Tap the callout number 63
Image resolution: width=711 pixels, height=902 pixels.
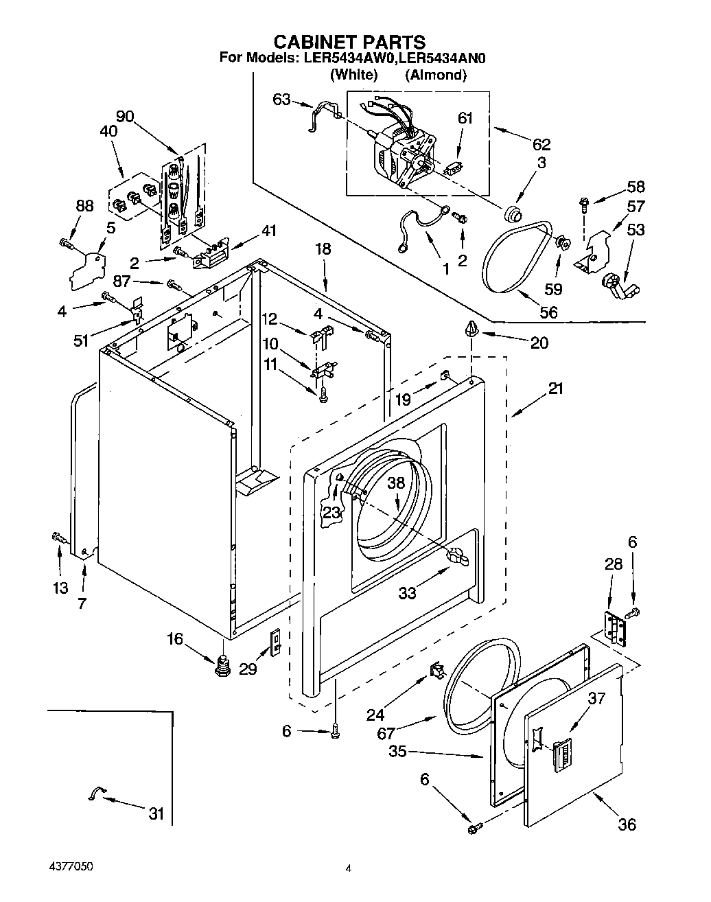tap(281, 100)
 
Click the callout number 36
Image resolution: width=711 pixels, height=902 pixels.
tap(627, 824)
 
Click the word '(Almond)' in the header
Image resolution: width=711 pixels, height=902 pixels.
tap(435, 76)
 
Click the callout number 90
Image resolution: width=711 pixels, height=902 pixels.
tap(124, 117)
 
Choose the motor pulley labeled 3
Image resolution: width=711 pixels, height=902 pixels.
tap(511, 214)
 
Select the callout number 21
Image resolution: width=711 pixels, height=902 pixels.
tap(555, 389)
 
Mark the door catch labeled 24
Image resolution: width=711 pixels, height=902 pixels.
tap(436, 670)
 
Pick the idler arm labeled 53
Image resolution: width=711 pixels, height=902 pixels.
tap(616, 284)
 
